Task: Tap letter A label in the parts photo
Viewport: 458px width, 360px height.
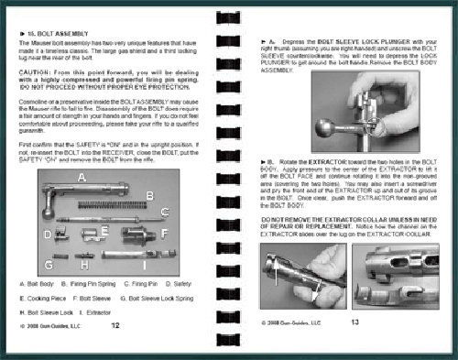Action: tap(81, 175)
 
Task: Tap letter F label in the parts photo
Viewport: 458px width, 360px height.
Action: tap(164, 234)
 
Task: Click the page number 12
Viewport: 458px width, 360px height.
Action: tap(114, 324)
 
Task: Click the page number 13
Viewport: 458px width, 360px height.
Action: tap(356, 323)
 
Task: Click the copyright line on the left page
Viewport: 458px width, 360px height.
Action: tap(50, 325)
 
